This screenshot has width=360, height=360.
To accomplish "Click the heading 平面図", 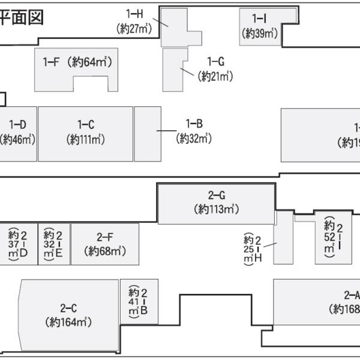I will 23,16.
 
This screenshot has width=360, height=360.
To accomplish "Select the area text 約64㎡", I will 91,61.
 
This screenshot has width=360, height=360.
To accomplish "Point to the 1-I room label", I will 259,19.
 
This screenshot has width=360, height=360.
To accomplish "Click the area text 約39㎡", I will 259,34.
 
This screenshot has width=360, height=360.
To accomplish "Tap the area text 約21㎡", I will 215,76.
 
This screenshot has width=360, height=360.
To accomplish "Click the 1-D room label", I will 17,125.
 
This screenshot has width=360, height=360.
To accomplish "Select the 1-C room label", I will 85,125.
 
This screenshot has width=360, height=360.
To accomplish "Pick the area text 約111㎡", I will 85,140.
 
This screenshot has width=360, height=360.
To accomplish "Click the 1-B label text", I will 194,124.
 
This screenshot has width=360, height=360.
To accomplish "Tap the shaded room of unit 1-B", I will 147,133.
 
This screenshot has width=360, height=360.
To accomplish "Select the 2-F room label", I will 104,236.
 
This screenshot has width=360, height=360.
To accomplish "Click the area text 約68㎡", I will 104,251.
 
